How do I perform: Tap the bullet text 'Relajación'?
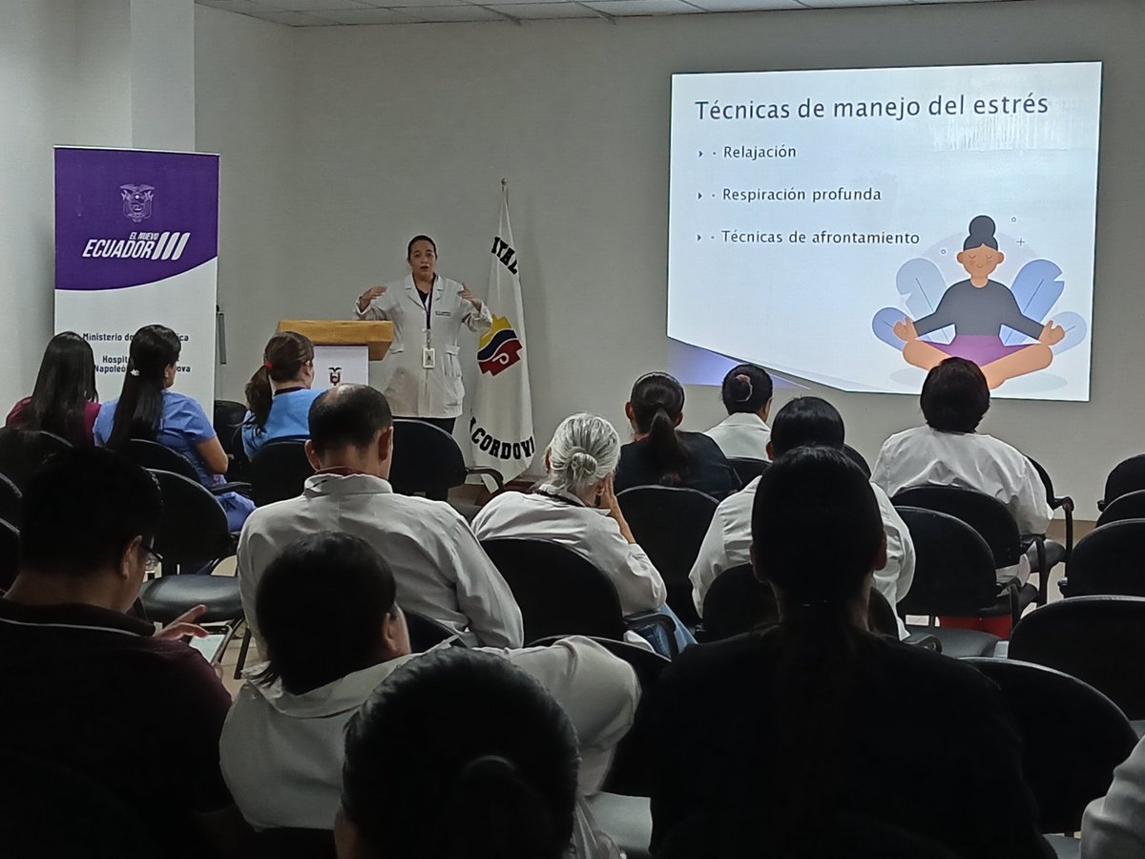pos(760,152)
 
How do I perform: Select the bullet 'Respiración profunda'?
pos(801,195)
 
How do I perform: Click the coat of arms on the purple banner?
pos(136,202)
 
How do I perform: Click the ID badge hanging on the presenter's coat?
pos(428,357)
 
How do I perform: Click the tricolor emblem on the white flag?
pos(499,346)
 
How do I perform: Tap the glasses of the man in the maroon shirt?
pos(151,558)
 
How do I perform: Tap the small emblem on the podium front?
pos(335,375)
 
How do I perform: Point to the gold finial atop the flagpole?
pos(503,183)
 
